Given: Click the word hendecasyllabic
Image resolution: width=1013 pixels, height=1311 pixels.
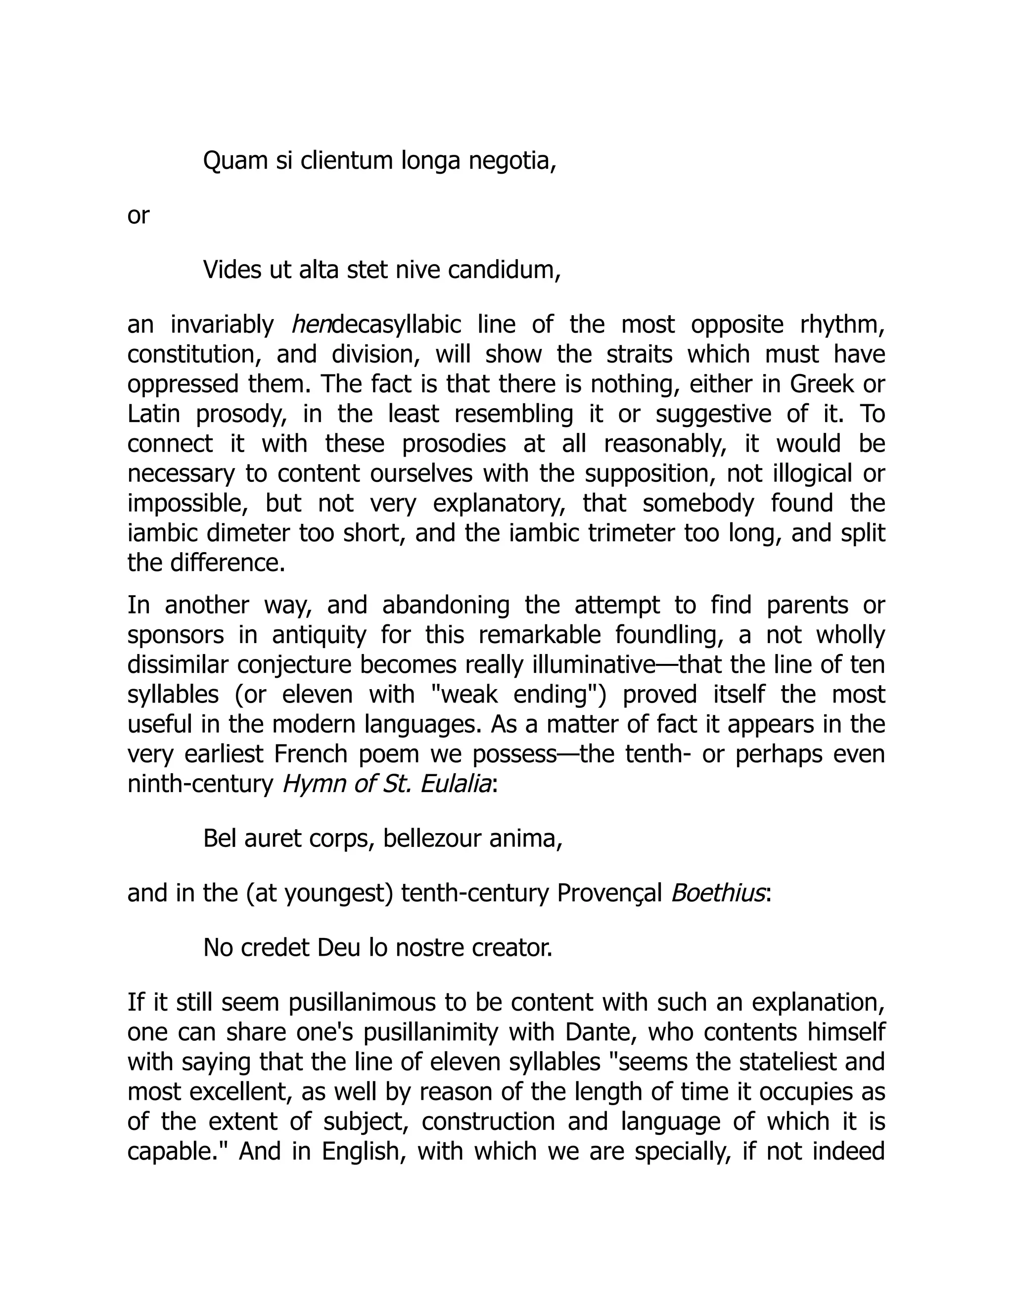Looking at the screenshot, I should click(376, 325).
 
